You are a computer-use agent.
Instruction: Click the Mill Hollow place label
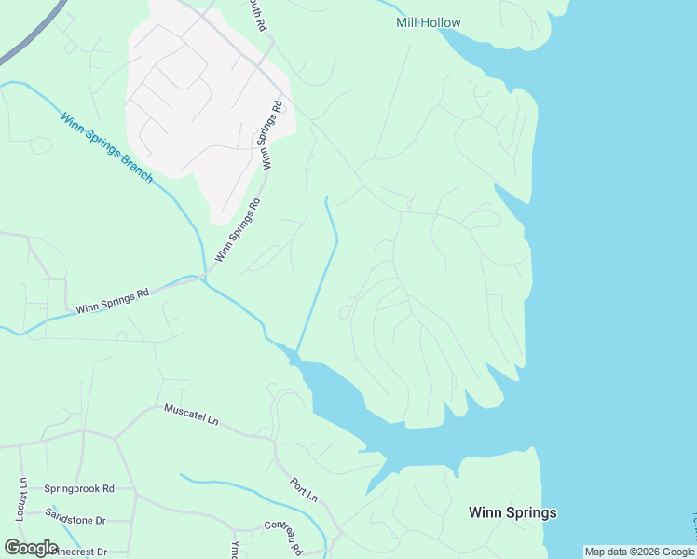429,22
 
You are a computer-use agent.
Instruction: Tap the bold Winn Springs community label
512,512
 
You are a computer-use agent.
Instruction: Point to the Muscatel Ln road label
191,415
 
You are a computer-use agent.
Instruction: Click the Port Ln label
304,490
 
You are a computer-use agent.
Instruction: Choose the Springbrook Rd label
79,488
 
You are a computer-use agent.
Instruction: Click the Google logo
32,548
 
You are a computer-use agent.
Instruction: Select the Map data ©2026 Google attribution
639,552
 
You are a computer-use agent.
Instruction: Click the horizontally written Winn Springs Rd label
112,300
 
